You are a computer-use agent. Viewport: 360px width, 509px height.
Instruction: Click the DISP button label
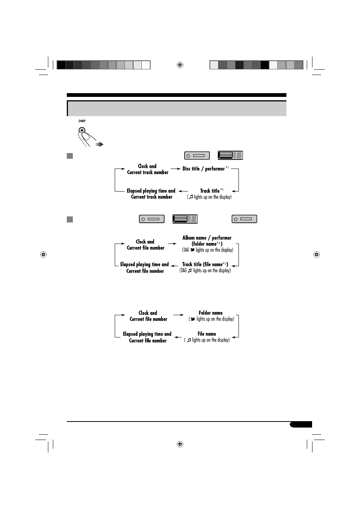[82, 121]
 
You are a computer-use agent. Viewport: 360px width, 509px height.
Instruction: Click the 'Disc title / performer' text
[204, 169]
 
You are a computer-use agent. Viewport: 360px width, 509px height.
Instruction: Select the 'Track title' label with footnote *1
[210, 191]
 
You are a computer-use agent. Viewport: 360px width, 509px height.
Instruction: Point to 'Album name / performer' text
[207, 238]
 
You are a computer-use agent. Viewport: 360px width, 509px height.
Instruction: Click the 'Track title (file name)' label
[205, 264]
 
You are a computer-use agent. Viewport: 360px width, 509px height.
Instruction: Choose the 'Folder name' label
[211, 313]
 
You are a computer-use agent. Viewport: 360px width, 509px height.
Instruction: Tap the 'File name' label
[207, 334]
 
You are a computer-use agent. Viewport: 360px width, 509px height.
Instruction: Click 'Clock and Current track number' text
[148, 169]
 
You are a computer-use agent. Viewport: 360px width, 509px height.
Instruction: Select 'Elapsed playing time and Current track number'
[151, 194]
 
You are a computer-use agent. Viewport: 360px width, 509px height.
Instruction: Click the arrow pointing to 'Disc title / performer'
[175, 169]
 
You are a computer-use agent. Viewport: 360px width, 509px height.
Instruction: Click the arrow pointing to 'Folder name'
[178, 315]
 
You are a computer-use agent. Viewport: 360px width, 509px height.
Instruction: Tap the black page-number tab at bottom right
[301, 425]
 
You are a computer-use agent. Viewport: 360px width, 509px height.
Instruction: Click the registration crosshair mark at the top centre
[180, 65]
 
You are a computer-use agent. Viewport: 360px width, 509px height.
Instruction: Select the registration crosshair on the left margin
[43, 255]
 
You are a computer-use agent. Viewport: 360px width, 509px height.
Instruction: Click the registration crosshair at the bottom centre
[180, 444]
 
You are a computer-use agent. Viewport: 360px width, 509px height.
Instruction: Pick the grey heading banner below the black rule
[177, 108]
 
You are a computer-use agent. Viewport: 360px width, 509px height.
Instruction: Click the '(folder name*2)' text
[207, 244]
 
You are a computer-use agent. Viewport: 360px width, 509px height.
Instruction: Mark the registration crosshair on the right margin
[317, 255]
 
